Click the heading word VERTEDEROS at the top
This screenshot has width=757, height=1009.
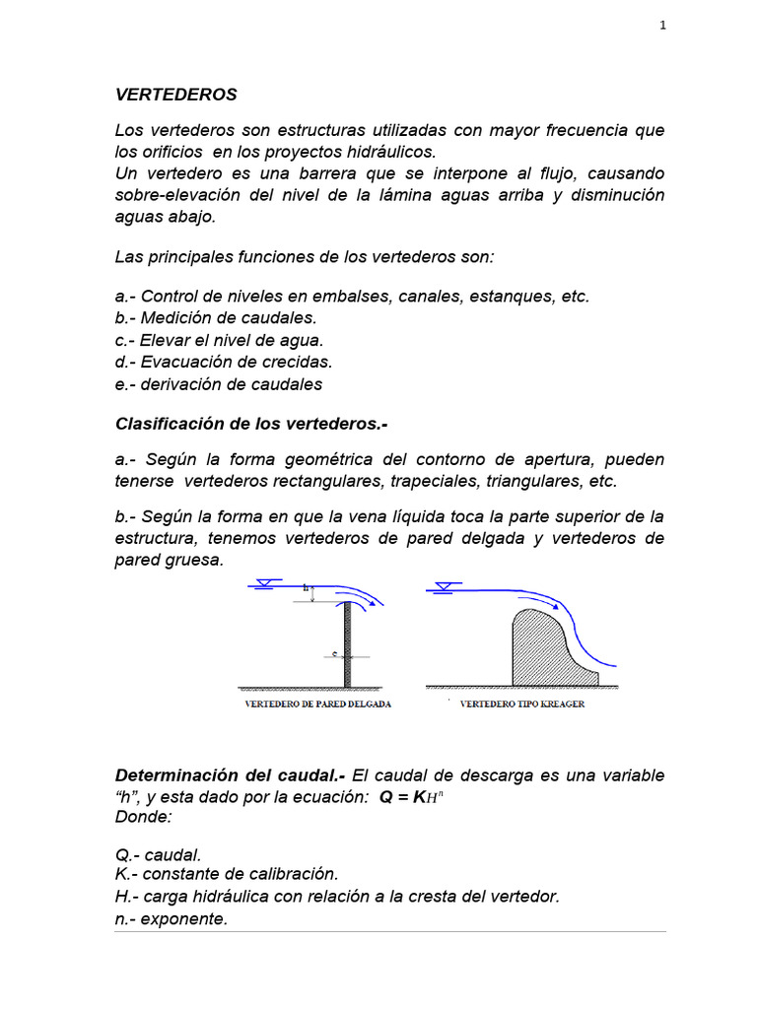[176, 96]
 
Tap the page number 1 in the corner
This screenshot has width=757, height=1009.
[663, 27]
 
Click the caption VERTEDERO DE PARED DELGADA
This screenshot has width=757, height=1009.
[316, 705]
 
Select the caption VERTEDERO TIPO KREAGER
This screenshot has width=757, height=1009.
[522, 705]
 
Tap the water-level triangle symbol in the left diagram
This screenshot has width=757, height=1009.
[260, 586]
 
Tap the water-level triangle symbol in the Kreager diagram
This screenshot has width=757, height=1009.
[442, 588]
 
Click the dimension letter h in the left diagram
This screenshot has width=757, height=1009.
[307, 588]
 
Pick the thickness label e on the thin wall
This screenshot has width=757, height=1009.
[334, 652]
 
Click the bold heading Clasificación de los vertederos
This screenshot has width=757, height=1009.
[251, 423]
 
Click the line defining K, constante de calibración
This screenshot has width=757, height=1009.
[227, 873]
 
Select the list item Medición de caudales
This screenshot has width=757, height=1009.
[216, 317]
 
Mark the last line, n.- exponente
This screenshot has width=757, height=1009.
[172, 918]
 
